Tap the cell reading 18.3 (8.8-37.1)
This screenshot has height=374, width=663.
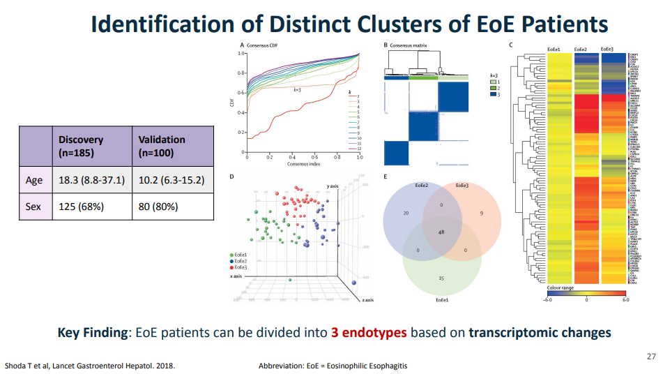click(x=91, y=180)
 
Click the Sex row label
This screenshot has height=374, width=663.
click(x=34, y=207)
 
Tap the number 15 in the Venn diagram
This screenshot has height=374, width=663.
click(x=441, y=278)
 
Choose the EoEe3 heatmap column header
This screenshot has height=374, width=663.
click(x=607, y=50)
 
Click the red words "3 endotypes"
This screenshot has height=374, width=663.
click(x=369, y=332)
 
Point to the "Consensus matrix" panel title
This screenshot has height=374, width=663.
click(x=408, y=45)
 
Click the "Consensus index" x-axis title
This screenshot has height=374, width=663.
click(x=304, y=165)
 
